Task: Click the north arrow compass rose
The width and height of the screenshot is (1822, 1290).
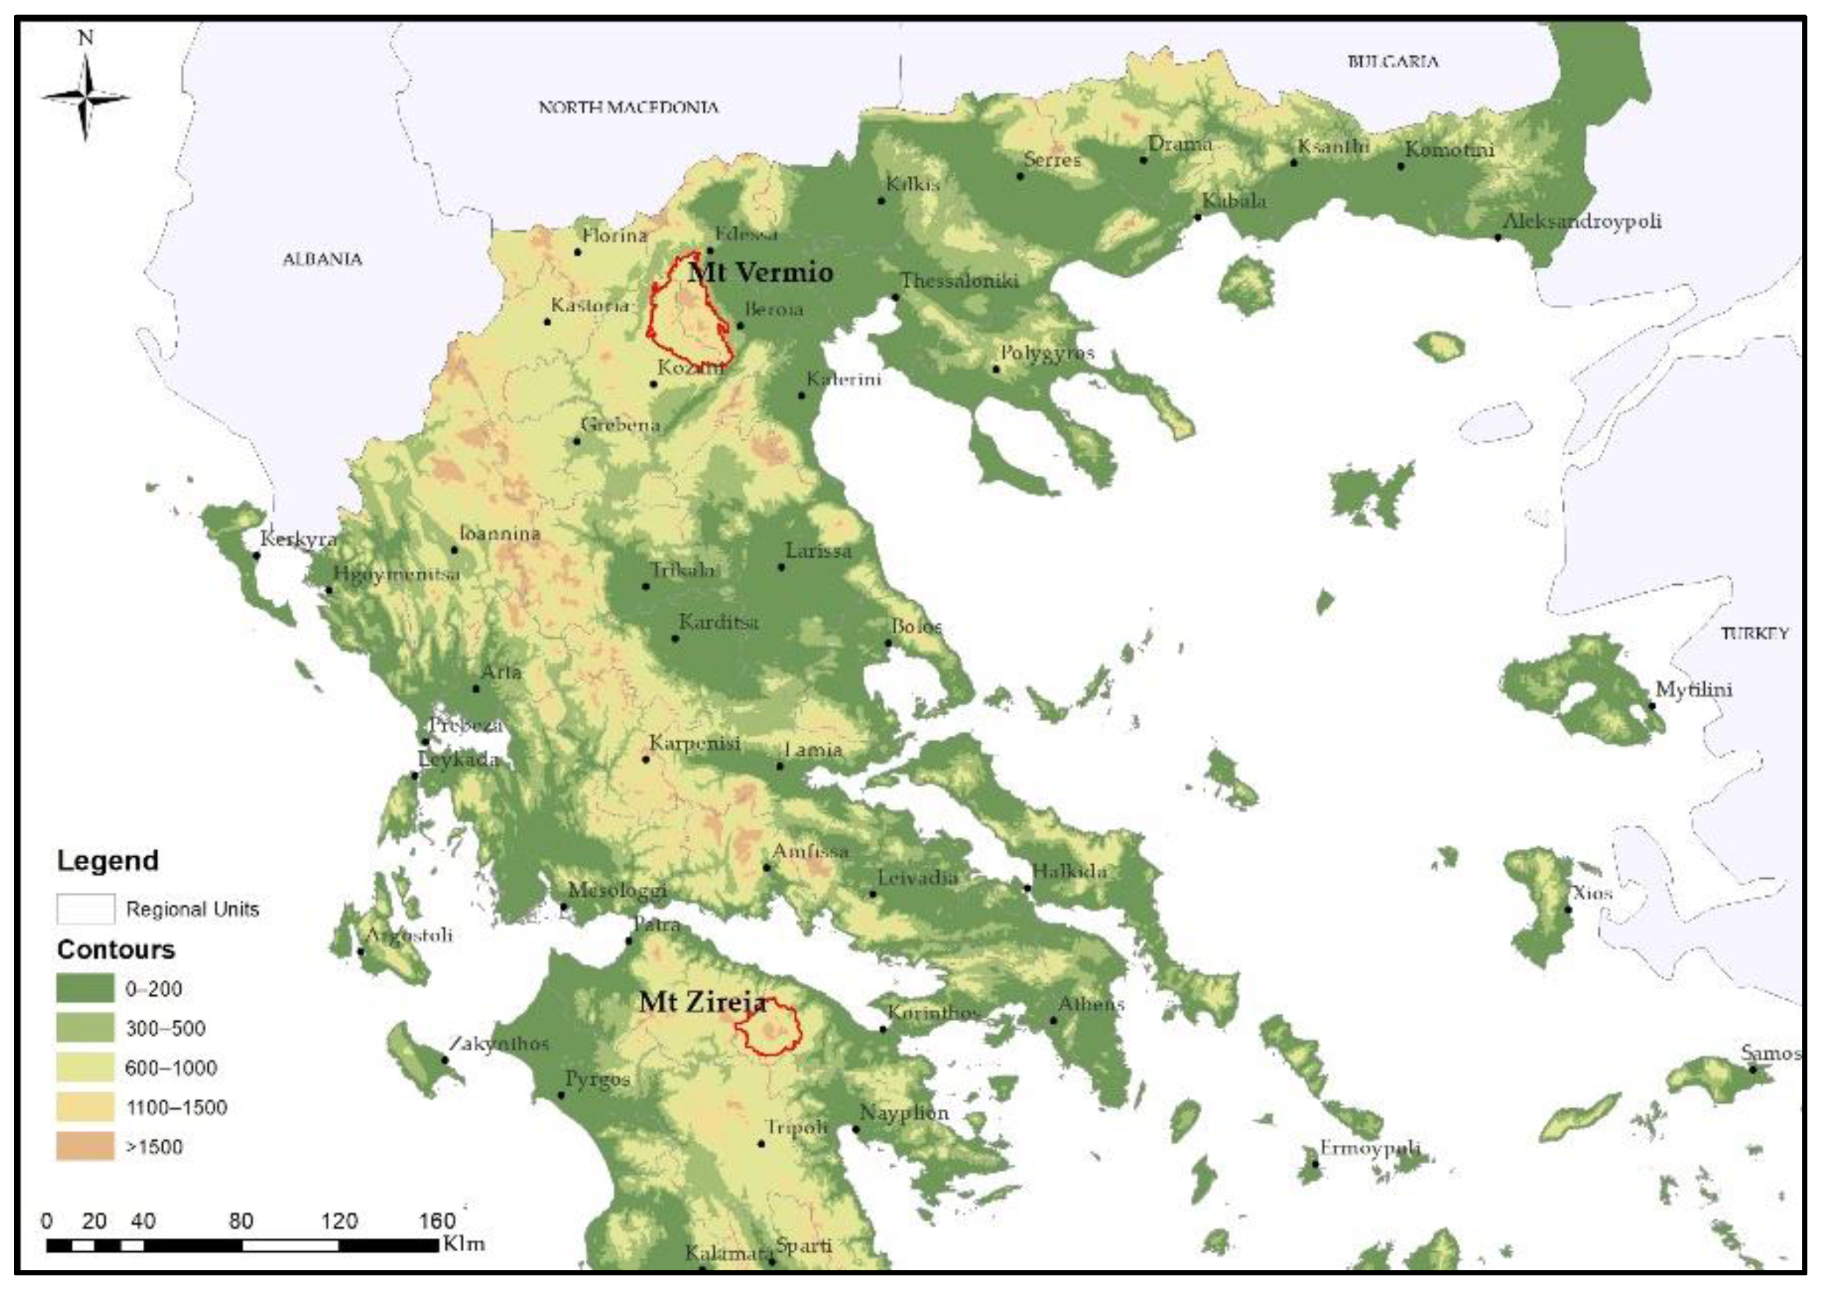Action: (x=85, y=97)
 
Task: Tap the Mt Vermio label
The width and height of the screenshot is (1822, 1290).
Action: (x=761, y=273)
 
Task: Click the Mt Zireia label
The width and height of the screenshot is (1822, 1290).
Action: (x=702, y=1003)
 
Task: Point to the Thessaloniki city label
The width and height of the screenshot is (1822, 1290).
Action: (x=959, y=281)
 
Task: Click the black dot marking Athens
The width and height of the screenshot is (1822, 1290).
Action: (x=1054, y=1021)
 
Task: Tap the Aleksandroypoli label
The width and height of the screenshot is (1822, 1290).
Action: (x=1582, y=221)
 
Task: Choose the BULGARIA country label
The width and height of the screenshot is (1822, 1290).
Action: (x=1393, y=61)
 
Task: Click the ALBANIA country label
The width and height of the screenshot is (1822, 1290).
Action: (x=322, y=259)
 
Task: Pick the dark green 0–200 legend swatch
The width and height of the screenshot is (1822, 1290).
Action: (x=85, y=988)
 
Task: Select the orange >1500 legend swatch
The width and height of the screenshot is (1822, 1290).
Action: (x=85, y=1146)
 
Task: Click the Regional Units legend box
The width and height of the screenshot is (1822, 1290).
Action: (x=85, y=909)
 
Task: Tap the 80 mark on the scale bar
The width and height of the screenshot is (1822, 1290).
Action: (x=240, y=1222)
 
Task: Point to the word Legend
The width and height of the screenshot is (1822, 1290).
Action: (x=108, y=861)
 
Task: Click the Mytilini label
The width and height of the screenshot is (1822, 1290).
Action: (x=1693, y=690)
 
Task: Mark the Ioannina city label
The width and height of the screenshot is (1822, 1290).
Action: (x=500, y=533)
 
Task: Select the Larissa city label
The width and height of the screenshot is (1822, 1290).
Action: (x=818, y=550)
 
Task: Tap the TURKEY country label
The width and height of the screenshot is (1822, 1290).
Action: (x=1755, y=633)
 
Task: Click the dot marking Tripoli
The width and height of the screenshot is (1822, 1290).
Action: (x=761, y=1144)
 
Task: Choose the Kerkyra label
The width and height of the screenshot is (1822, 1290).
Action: (x=298, y=539)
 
